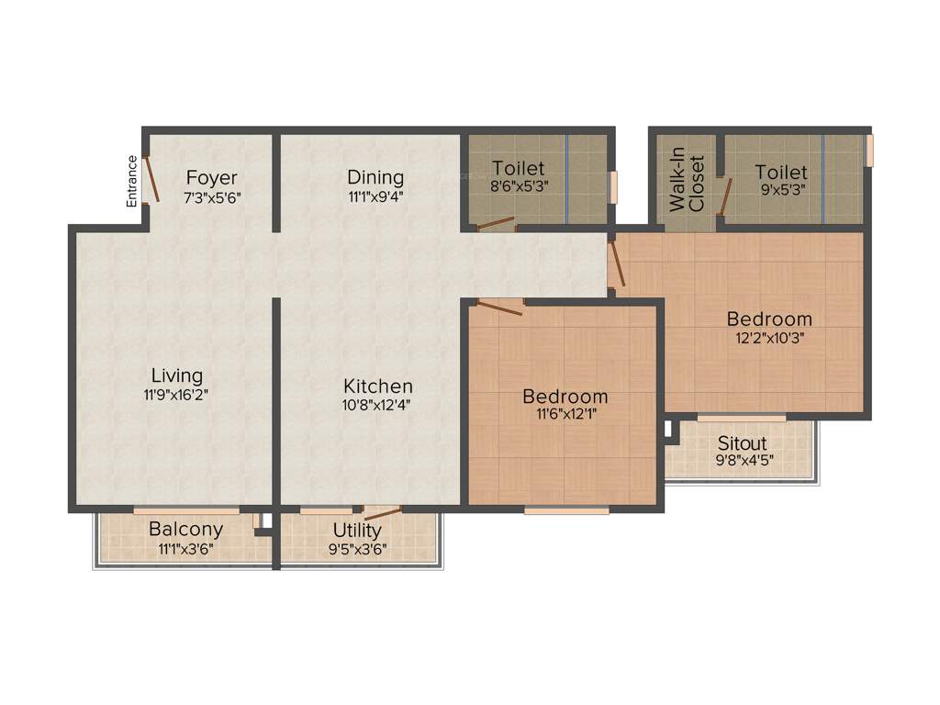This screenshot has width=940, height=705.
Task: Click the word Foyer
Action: click(211, 177)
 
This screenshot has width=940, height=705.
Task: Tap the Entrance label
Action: click(132, 181)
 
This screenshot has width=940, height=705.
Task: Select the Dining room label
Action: click(375, 177)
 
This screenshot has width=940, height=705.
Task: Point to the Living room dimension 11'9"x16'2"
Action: click(177, 395)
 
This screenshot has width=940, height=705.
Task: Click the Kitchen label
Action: click(378, 386)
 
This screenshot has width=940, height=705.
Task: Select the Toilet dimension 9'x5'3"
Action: click(781, 190)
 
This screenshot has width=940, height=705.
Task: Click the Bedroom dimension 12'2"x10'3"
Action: click(769, 337)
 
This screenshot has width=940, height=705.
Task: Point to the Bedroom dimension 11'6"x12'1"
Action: click(565, 414)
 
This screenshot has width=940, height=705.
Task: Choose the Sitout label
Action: click(742, 443)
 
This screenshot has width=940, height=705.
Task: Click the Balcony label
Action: click(185, 530)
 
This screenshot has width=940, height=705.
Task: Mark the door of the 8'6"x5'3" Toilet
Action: click(495, 223)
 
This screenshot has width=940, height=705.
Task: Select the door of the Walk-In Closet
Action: click(725, 195)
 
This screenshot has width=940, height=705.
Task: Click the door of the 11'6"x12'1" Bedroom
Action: click(499, 307)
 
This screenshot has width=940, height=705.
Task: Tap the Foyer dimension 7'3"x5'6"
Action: click(211, 196)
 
